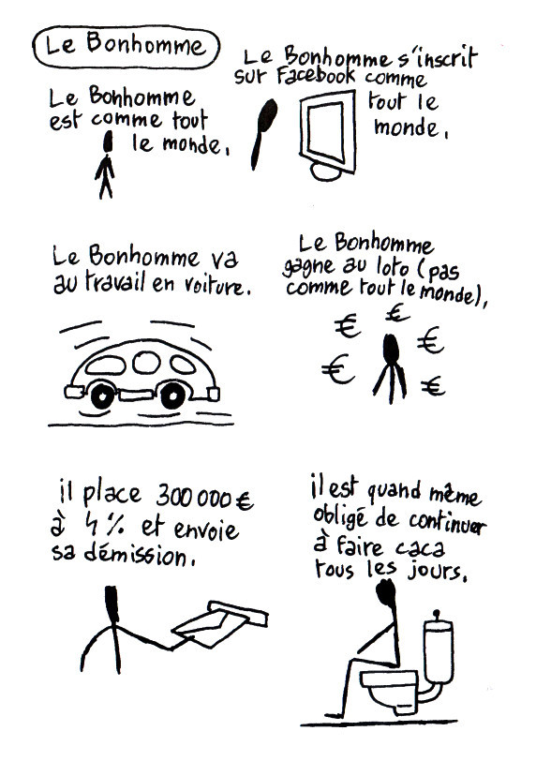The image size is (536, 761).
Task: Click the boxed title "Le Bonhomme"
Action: coord(127,46)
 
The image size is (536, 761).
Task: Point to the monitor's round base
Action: coord(325,172)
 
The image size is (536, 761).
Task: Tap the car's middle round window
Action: coord(146,363)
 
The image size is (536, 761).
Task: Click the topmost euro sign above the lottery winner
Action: coord(397,312)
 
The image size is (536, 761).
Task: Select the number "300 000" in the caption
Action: coord(193,497)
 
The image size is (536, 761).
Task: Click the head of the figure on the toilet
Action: coord(387,592)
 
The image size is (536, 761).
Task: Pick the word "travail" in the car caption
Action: coord(113,282)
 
